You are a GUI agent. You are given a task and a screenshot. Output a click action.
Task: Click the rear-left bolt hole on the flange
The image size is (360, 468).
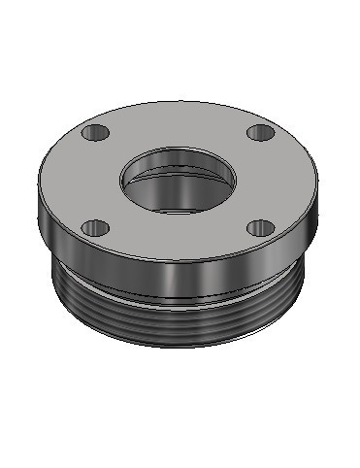pyautogui.click(x=95, y=131)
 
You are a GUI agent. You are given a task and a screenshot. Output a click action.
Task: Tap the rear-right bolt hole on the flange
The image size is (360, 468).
pyautogui.click(x=258, y=132)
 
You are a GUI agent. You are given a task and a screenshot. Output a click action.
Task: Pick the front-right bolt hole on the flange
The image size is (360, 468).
pyautogui.click(x=259, y=228)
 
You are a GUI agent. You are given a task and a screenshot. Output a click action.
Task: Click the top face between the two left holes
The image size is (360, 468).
pyautogui.click(x=78, y=180)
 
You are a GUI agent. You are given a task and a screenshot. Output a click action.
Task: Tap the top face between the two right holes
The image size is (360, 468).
pyautogui.click(x=277, y=180)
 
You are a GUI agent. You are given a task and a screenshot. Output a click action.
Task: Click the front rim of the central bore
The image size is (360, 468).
pyautogui.click(x=178, y=212)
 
